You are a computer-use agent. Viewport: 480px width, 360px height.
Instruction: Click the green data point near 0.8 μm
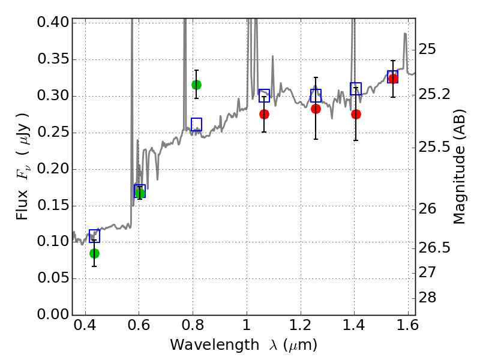pos(196,85)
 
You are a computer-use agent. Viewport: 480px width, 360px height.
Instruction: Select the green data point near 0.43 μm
pos(94,253)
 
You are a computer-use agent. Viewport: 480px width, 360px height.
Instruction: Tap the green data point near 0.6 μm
pos(140,193)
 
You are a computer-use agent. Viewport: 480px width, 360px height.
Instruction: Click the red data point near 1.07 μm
pos(264,114)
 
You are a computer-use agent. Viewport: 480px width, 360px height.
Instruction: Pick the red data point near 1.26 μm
pos(316,109)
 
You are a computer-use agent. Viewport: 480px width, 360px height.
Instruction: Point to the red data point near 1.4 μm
pos(356,114)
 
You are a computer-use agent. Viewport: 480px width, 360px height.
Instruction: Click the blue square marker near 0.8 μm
pos(196,124)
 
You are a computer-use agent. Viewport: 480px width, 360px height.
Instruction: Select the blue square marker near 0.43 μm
pos(94,236)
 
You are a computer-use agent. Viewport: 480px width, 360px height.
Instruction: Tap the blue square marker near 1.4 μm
pos(356,89)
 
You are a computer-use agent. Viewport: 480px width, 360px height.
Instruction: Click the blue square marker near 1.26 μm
pos(316,95)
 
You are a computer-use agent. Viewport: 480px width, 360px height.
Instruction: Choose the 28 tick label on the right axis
pos(430,298)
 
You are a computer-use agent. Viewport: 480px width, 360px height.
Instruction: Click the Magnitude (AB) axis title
pos(460,169)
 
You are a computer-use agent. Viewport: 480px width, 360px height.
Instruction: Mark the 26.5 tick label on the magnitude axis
pos(434,248)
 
